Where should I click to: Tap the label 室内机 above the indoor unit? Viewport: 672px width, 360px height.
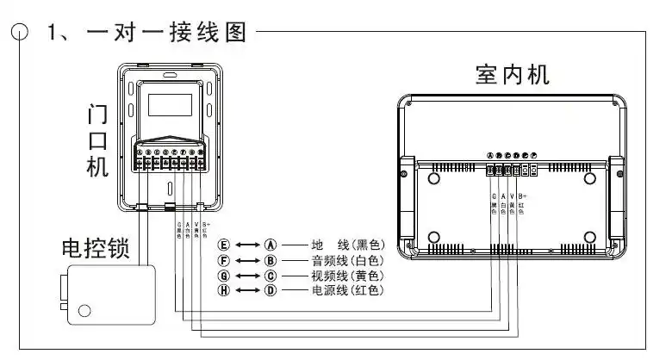pyautogui.click(x=512, y=74)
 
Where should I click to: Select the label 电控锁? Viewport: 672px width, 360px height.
pyautogui.click(x=96, y=250)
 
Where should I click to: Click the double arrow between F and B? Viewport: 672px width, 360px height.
pyautogui.click(x=248, y=260)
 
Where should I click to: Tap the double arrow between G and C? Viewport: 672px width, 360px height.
pyautogui.click(x=248, y=276)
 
